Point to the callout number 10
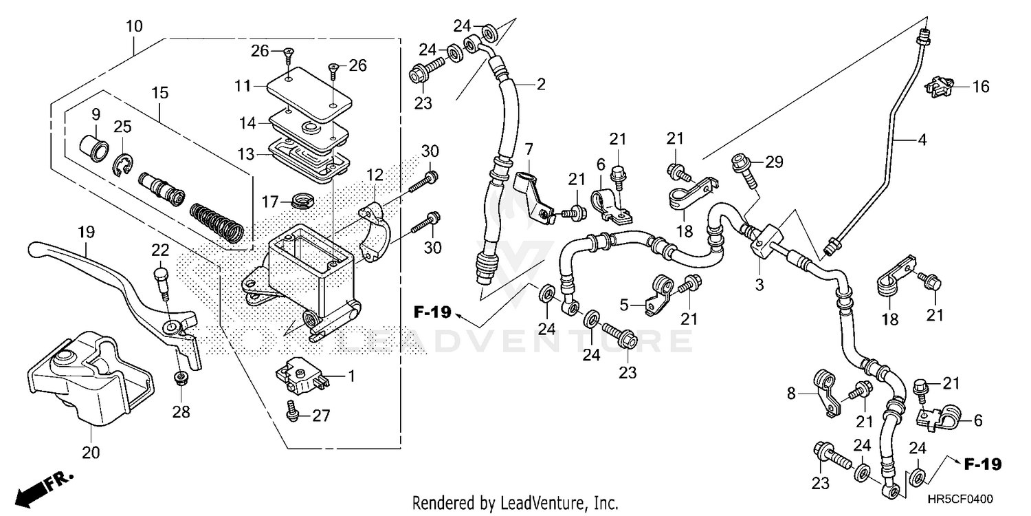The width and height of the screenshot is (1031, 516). coord(134,27)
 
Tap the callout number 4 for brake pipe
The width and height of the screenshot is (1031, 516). coord(921,140)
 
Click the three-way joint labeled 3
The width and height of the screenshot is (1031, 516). coord(766,240)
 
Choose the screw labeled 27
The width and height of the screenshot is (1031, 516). coord(293,413)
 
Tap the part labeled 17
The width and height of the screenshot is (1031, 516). coord(300,202)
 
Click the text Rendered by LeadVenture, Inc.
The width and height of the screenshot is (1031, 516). coord(515,502)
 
